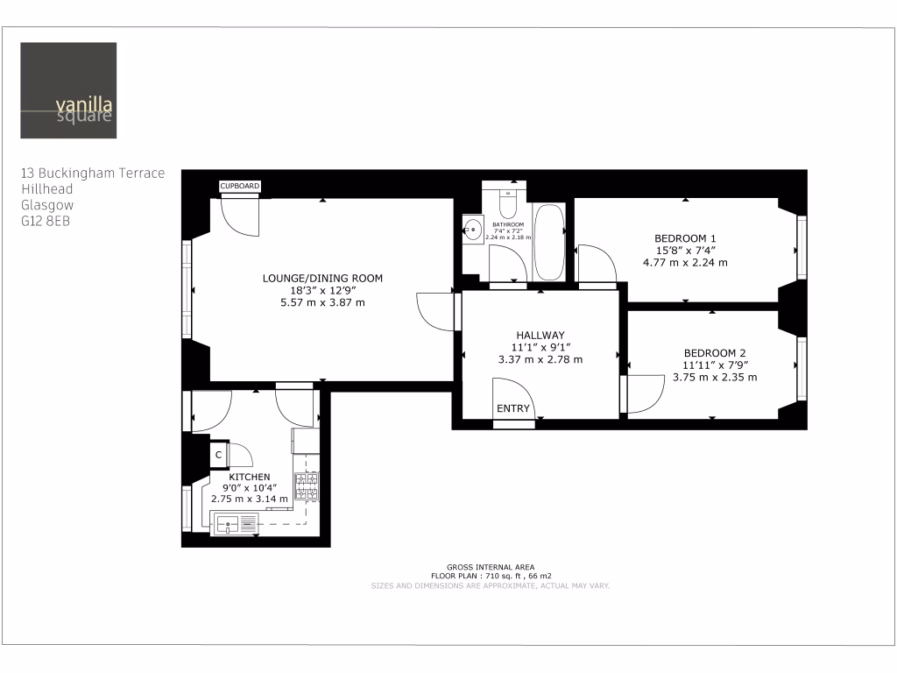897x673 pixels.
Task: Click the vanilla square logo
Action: (x=67, y=90)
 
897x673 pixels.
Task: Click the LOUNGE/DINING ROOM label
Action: (x=322, y=279)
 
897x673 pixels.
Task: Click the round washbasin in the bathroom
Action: (x=473, y=230)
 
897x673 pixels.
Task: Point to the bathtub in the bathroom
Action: (x=550, y=243)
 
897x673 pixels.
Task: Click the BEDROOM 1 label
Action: (x=685, y=238)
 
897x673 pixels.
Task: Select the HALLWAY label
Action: (x=540, y=335)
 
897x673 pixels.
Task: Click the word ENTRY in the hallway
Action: (x=513, y=409)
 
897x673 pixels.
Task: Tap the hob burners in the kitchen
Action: (x=307, y=485)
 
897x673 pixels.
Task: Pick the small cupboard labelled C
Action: (x=217, y=455)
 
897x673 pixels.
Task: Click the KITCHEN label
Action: (x=249, y=477)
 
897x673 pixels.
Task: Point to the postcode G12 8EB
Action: (x=46, y=221)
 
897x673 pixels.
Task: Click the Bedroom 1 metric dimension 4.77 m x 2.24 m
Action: (x=685, y=262)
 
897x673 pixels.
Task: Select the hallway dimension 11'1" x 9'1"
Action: (x=540, y=347)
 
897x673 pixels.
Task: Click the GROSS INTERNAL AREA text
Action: (x=490, y=567)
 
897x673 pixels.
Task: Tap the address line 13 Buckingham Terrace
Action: (x=92, y=174)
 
